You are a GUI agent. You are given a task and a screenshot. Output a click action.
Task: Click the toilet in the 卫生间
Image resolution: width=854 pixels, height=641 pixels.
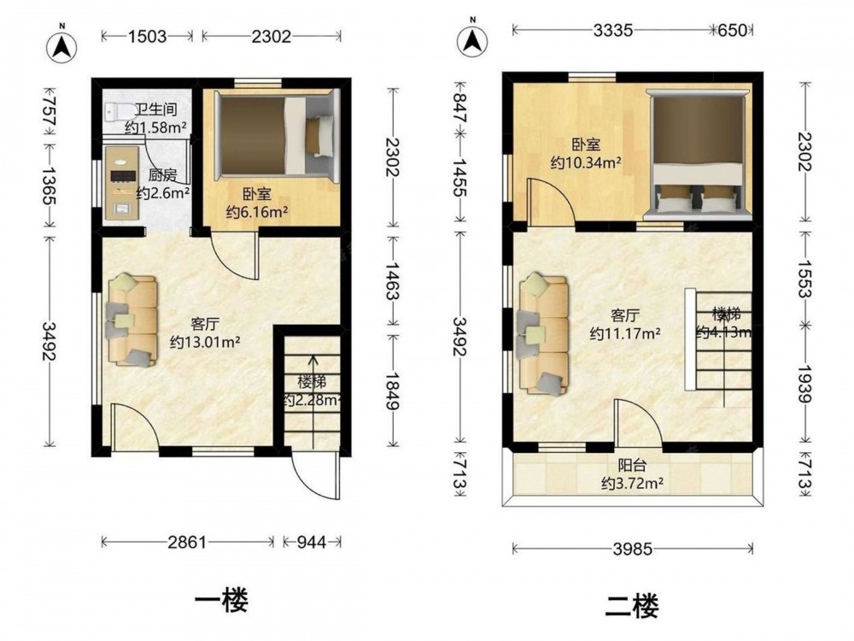(120, 113)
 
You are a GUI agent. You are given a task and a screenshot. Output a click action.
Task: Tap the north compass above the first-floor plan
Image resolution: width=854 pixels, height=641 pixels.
(61, 46)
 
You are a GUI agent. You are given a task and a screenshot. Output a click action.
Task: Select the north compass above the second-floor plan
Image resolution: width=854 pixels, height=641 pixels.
(472, 40)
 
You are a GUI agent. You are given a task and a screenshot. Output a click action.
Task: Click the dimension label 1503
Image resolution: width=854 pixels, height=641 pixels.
(147, 36)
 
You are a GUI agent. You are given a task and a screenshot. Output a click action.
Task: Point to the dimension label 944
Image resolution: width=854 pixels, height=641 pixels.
(312, 542)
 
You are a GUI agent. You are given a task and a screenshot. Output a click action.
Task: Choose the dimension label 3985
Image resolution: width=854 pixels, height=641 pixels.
(632, 549)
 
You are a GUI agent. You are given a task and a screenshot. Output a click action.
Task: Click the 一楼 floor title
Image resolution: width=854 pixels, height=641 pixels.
(222, 601)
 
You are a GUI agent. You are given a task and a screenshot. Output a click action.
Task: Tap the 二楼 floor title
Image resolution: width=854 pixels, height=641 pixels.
(632, 605)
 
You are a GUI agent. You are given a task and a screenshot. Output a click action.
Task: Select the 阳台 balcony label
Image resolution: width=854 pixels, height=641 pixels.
(632, 466)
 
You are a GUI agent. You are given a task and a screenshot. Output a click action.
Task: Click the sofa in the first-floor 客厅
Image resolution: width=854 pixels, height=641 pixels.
(133, 320)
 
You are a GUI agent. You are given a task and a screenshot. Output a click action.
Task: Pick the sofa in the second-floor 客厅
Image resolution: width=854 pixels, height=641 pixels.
(543, 333)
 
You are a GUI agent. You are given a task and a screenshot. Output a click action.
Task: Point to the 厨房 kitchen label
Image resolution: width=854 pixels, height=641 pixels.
(162, 175)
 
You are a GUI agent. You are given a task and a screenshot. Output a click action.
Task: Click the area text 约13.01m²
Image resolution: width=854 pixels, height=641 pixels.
(205, 342)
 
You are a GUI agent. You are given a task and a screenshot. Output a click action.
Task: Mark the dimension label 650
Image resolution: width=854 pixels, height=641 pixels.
(732, 30)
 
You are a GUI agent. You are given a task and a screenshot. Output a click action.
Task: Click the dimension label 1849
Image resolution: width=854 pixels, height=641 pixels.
(392, 391)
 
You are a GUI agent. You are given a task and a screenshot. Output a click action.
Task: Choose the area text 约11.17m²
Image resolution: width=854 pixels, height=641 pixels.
(625, 333)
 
